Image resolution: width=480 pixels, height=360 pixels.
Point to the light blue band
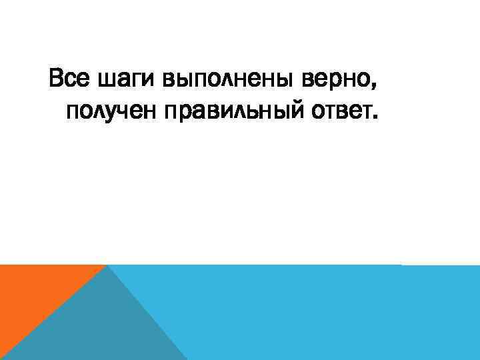[320, 313]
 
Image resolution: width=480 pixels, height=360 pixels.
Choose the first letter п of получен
[73, 113]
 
